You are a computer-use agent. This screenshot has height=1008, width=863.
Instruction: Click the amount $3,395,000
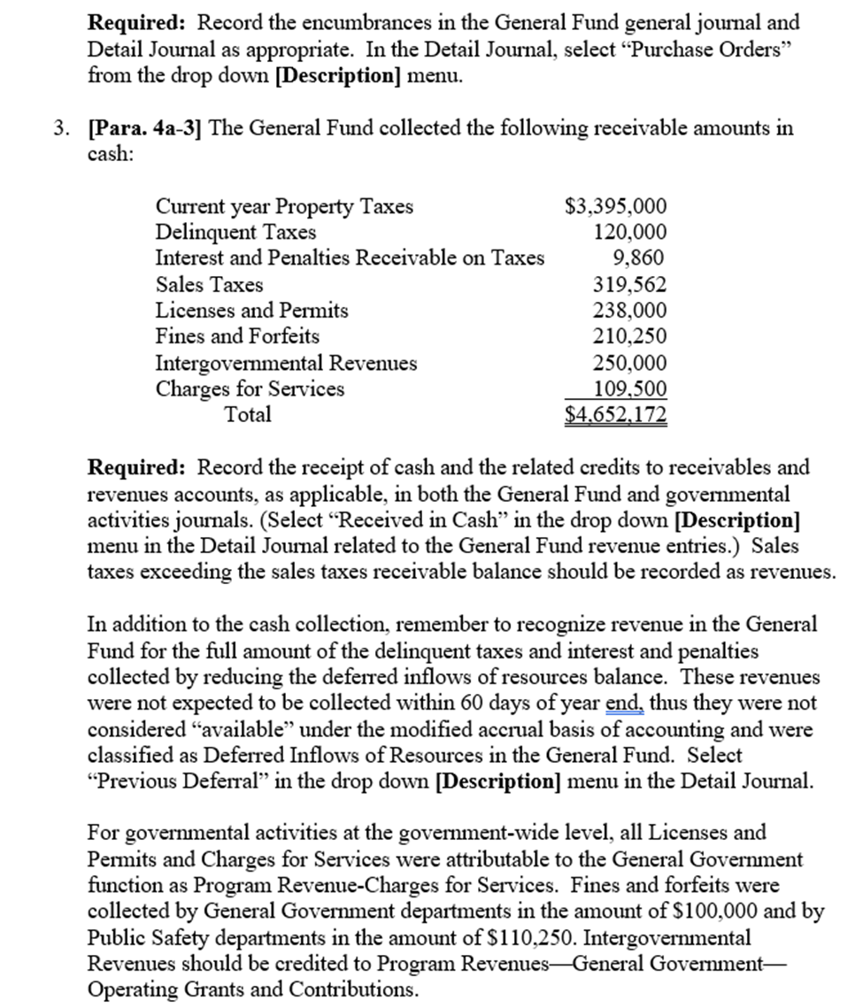(615, 206)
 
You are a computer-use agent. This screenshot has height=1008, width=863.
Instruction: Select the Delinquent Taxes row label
(235, 233)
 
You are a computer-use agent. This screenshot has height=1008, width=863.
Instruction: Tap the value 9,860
(638, 258)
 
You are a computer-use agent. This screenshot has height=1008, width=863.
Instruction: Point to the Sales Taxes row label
(209, 285)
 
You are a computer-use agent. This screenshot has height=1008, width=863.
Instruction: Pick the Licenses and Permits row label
(251, 311)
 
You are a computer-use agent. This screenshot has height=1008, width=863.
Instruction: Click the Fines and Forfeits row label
(237, 336)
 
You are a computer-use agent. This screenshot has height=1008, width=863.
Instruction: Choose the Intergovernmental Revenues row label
(286, 363)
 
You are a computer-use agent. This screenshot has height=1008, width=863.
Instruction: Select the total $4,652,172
(616, 414)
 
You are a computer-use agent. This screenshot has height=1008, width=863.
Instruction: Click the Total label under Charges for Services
(248, 414)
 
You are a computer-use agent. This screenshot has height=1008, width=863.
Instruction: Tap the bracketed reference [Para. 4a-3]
(144, 127)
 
